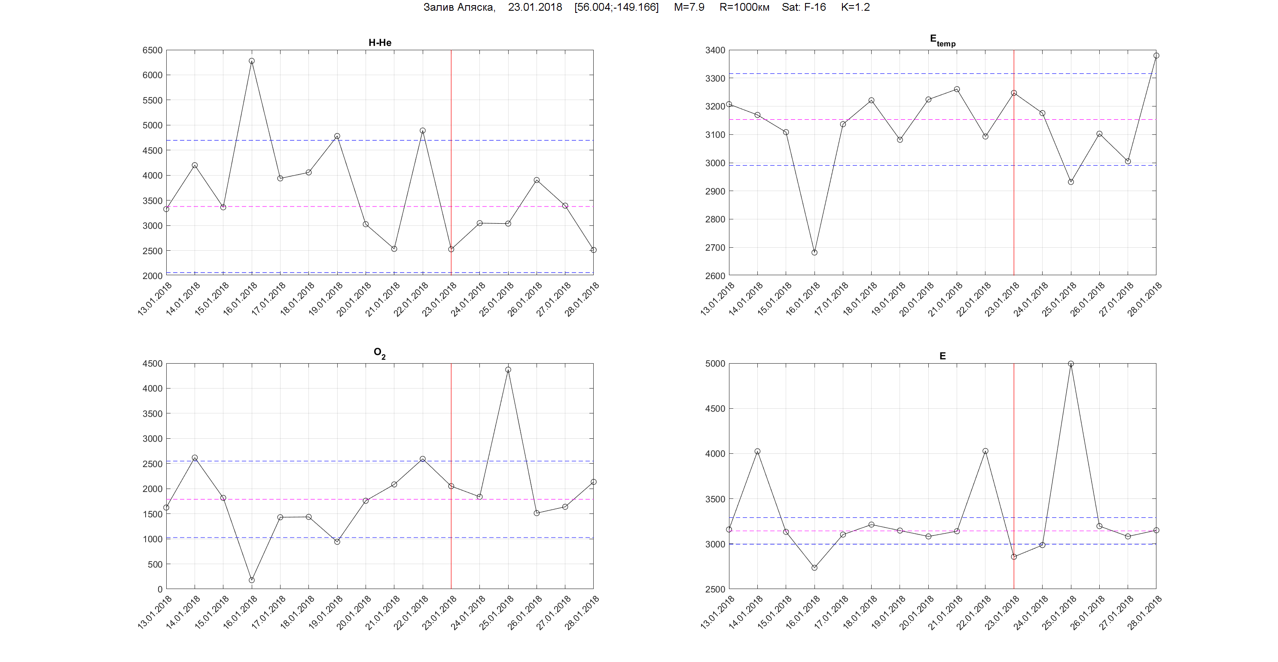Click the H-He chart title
[x=379, y=43]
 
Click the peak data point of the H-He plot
[x=252, y=61]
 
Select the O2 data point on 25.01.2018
[x=508, y=370]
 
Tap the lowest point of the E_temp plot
[x=814, y=252]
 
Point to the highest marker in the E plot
[x=1071, y=364]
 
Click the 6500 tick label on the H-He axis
[x=153, y=50]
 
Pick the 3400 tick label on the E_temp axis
[x=715, y=50]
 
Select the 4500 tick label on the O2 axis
[x=153, y=364]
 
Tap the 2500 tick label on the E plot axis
[x=715, y=589]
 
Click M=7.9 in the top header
[x=689, y=7]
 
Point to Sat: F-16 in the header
[x=803, y=7]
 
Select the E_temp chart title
[x=942, y=40]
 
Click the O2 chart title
[x=379, y=353]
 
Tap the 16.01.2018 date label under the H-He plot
[x=241, y=298]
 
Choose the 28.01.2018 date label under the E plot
[x=1145, y=612]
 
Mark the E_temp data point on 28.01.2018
[x=1156, y=55]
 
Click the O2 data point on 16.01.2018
[x=252, y=580]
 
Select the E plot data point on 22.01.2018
[x=985, y=451]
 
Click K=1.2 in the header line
[x=855, y=7]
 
